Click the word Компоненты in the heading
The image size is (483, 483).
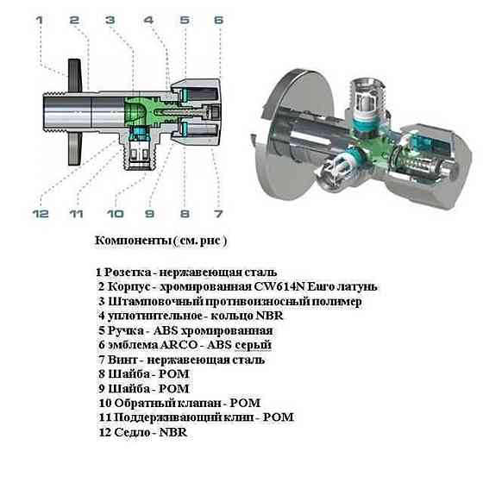click(130, 239)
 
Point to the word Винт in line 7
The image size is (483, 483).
click(122, 359)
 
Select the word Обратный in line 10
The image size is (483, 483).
click(141, 403)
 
